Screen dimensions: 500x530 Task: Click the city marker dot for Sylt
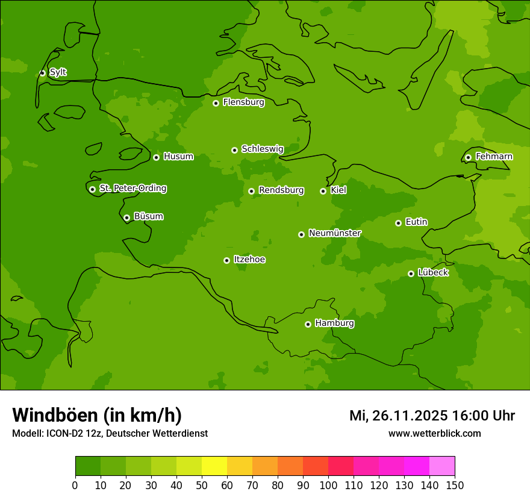pos(42,73)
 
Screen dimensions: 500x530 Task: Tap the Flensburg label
pos(243,102)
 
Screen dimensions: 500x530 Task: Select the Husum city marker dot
pos(156,157)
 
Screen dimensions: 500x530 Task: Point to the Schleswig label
pos(262,149)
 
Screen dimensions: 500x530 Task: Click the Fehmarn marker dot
pos(468,157)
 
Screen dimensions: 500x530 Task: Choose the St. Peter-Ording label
pos(132,189)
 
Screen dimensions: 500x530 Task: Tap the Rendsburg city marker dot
pos(251,191)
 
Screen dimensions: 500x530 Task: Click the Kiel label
pos(338,190)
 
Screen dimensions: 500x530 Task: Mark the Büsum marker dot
pos(126,217)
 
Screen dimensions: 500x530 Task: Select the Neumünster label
pos(334,233)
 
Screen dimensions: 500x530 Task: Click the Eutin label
pos(416,222)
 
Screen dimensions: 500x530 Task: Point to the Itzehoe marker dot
pos(226,260)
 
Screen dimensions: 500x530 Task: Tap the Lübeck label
pos(432,273)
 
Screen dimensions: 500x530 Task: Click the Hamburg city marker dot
pos(308,324)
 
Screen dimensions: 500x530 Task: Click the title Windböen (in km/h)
pos(97,415)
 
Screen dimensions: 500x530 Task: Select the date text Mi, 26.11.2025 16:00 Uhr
pos(432,416)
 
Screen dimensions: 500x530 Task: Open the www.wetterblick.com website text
pos(434,434)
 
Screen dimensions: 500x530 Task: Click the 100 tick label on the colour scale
pos(328,486)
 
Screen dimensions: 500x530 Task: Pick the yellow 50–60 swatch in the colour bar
pos(214,466)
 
